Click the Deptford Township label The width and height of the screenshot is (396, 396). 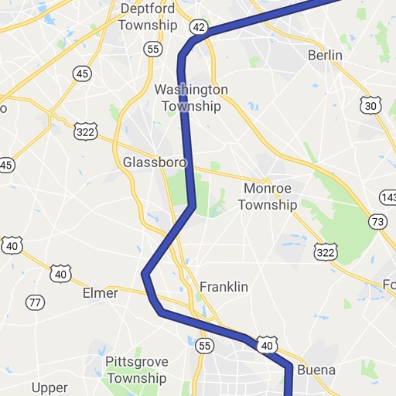coord(148,17)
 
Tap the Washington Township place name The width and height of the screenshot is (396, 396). coord(191,97)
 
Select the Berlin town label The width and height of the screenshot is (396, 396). coord(325,56)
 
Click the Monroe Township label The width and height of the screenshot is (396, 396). coord(268,196)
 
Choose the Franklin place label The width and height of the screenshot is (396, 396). coord(224,287)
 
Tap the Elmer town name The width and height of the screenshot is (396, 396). coord(101,293)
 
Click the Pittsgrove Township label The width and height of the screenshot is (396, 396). coord(136,370)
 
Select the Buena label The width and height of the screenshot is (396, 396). coord(316,370)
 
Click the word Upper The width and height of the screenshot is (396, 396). coord(49,387)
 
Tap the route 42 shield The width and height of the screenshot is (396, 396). coord(199,26)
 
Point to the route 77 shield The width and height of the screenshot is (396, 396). coord(35,302)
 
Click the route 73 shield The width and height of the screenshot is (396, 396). coord(378,222)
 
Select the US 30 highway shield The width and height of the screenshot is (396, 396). coord(370,104)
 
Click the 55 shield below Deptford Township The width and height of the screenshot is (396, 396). coord(154,49)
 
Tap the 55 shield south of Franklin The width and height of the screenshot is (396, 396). coord(204,345)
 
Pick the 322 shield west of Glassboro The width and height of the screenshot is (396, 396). coord(86,131)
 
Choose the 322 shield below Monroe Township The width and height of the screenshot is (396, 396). coord(326,252)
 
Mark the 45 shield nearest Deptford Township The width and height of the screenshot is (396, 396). coord(82,73)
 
